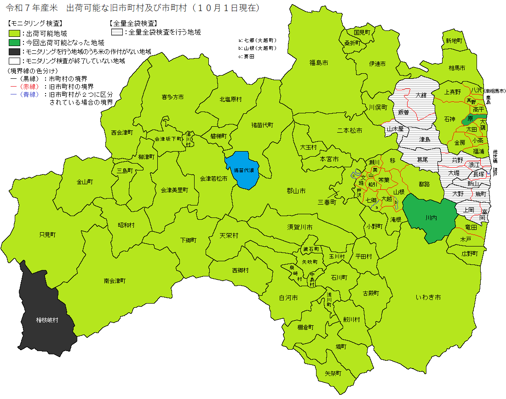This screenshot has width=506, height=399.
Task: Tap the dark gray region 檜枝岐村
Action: [47, 319]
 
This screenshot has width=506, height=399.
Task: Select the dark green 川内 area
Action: [431, 217]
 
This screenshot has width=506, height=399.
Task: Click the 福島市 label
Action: [318, 62]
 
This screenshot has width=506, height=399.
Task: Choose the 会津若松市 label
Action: [213, 178]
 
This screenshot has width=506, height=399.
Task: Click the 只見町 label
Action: [47, 235]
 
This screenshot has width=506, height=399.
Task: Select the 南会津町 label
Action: [115, 280]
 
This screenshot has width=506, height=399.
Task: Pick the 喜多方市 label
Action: [172, 97]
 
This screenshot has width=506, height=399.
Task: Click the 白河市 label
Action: [288, 298]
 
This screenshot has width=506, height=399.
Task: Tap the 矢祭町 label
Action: [333, 373]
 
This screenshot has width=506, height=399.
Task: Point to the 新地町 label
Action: [453, 41]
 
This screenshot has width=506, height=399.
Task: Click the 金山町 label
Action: [85, 182]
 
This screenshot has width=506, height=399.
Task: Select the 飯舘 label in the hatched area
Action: [403, 112]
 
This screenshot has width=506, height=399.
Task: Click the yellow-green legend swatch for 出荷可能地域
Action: [14, 34]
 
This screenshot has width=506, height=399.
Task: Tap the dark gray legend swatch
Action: [14, 52]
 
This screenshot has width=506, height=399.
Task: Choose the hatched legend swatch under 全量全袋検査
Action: [117, 33]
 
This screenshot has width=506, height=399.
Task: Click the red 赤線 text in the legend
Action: [29, 87]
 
